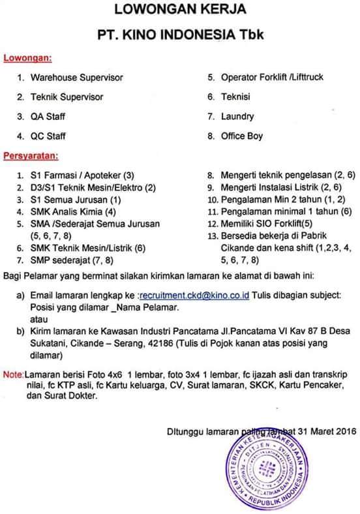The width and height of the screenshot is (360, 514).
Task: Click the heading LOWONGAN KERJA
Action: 180,10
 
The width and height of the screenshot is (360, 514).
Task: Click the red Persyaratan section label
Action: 30,156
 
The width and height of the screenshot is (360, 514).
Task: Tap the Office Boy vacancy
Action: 243,136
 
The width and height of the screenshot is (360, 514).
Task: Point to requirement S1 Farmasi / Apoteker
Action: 82,176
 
